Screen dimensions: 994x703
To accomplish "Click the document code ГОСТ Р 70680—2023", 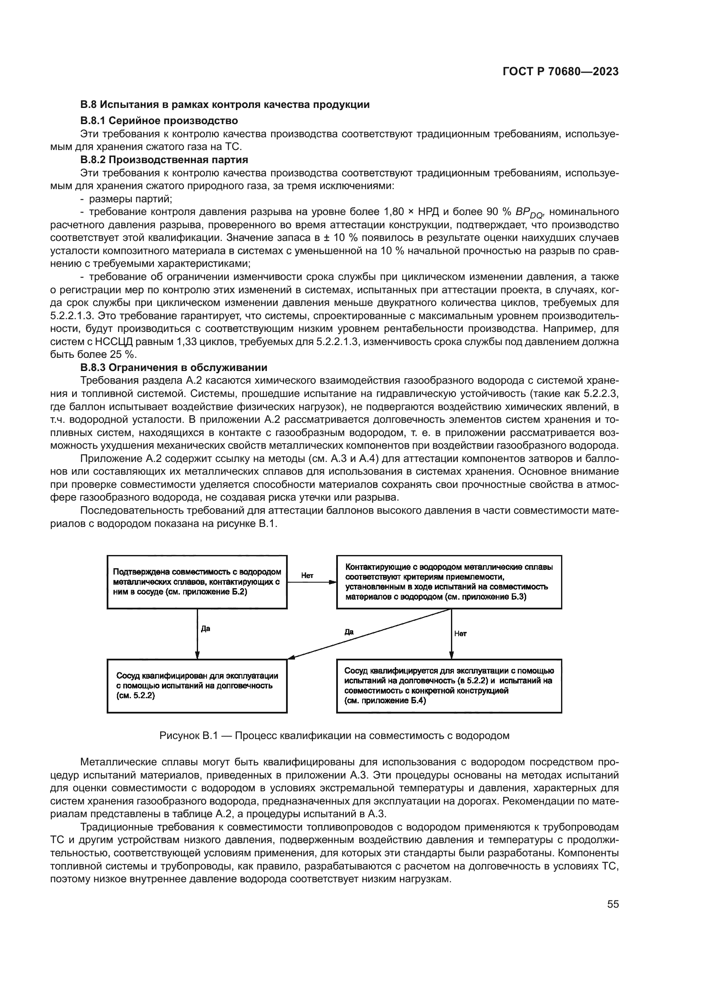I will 560,71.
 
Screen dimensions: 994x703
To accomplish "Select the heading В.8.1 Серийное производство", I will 159,120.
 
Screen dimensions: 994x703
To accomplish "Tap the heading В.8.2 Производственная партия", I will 164,160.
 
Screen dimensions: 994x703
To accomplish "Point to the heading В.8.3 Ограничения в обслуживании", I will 173,368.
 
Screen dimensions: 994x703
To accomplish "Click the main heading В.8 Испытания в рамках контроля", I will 225,105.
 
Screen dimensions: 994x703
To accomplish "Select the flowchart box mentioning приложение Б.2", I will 197,582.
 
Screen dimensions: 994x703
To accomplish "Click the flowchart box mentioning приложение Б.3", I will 449,582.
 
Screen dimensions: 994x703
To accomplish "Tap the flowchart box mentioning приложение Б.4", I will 449,686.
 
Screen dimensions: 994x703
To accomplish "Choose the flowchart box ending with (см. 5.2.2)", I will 197,686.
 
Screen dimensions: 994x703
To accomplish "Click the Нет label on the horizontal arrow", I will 307,576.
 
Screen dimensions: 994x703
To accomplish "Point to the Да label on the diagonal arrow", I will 349,632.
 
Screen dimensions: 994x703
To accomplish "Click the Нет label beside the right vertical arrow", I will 461,634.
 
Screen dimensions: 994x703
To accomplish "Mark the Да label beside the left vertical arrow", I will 206,629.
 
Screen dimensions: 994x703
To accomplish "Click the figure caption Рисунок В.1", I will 334,736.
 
